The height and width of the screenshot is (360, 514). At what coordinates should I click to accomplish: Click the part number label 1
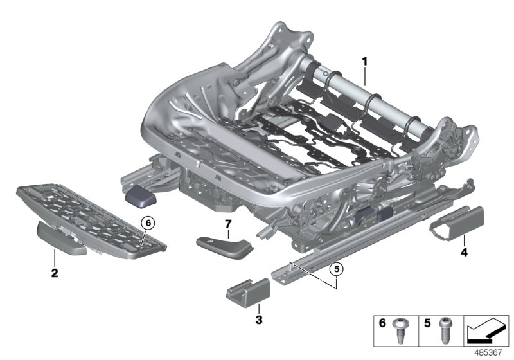364,62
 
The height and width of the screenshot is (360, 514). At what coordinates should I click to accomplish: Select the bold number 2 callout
55,273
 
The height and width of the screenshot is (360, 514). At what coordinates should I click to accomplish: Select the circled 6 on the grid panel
147,222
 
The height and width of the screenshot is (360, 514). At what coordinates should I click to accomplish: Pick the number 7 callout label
227,224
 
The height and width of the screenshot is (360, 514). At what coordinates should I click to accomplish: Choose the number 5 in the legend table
427,324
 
